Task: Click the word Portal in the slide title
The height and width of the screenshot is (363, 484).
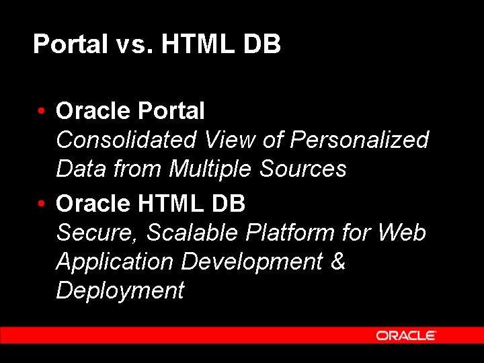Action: (x=70, y=45)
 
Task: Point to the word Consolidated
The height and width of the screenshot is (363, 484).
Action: (x=126, y=140)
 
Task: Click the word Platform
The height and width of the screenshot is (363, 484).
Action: (x=290, y=233)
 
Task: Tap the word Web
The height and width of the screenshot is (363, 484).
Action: (x=402, y=233)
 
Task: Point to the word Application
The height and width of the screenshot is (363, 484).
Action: (x=114, y=262)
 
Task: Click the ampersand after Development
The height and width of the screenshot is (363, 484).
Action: (x=338, y=261)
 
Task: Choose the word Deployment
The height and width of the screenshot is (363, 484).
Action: (x=120, y=290)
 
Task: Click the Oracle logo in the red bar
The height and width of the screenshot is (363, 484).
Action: (x=406, y=335)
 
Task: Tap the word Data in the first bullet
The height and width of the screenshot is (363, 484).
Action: (x=79, y=169)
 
